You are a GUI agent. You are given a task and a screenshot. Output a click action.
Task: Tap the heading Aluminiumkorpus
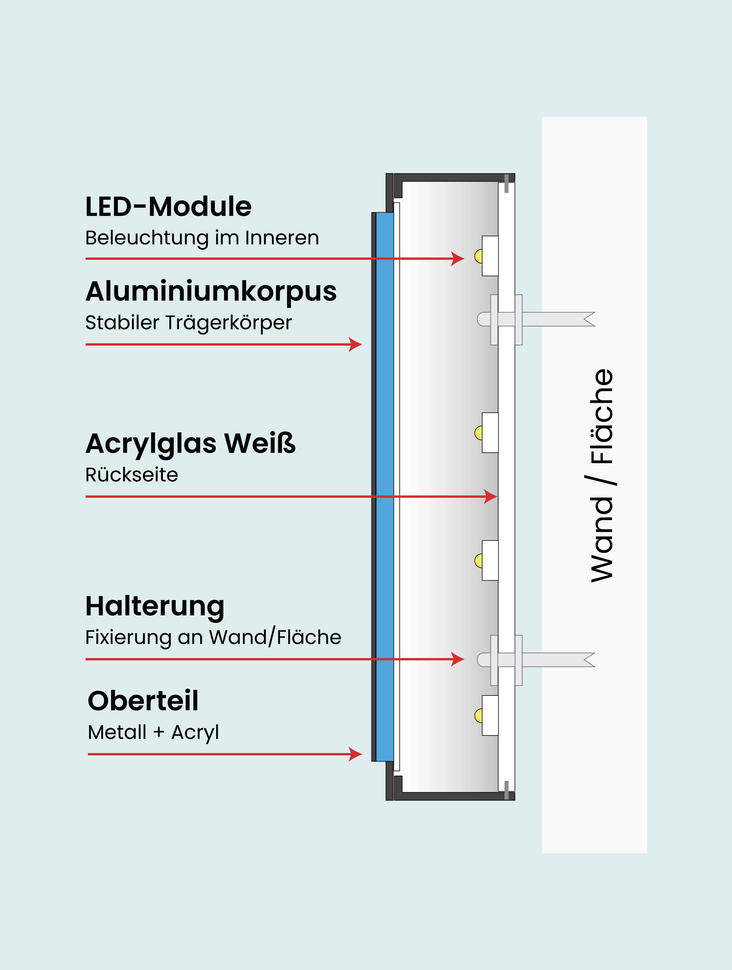tap(211, 292)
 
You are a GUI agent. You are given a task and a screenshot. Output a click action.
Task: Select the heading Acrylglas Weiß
tap(190, 443)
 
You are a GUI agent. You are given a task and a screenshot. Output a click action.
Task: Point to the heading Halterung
tap(155, 607)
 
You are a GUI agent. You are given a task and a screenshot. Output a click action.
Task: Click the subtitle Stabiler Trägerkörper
tap(188, 323)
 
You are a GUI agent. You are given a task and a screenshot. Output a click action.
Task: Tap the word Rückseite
tap(132, 475)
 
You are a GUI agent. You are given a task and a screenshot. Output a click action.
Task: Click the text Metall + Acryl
tap(153, 732)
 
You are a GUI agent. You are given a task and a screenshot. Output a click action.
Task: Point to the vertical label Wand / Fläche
tap(602, 476)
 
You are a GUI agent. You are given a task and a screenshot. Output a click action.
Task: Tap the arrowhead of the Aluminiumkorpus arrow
tap(356, 344)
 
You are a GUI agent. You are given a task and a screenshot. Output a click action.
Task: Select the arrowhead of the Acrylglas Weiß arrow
tap(491, 496)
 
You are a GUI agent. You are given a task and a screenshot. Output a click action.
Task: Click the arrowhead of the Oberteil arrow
tap(356, 754)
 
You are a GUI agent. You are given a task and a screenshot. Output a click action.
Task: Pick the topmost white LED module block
tap(490, 256)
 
